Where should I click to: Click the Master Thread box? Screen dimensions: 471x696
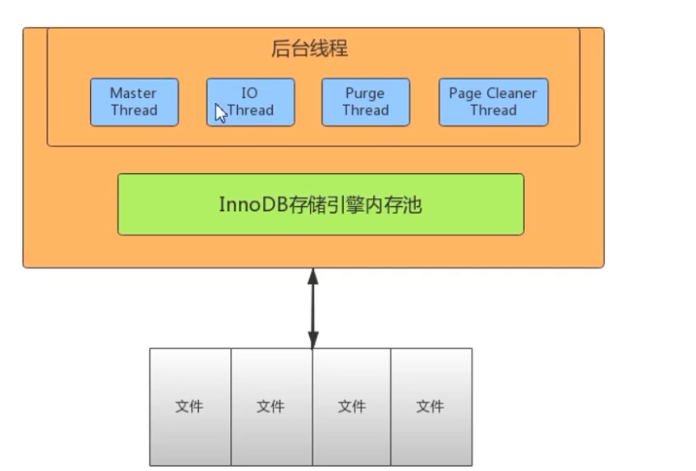click(133, 102)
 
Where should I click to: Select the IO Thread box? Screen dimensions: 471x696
click(250, 102)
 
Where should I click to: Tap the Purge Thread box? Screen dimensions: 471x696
click(364, 102)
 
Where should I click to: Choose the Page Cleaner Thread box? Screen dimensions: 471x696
click(493, 102)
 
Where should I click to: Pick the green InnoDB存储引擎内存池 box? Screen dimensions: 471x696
click(320, 204)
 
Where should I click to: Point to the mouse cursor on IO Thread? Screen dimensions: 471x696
click(220, 113)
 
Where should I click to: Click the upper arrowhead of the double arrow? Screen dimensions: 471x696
click(313, 276)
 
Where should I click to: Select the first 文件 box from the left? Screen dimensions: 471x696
click(190, 406)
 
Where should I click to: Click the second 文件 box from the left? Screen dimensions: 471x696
click(271, 406)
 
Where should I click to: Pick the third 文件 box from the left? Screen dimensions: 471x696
click(351, 406)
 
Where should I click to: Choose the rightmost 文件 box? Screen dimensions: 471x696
click(430, 406)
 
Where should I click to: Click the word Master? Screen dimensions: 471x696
click(133, 94)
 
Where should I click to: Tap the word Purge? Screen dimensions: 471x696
click(364, 94)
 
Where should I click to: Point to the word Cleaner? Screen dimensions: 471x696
click(512, 94)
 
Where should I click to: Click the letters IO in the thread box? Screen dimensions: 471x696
click(249, 94)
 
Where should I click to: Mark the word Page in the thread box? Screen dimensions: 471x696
click(465, 94)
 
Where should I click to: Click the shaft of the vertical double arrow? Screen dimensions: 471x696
click(313, 308)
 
